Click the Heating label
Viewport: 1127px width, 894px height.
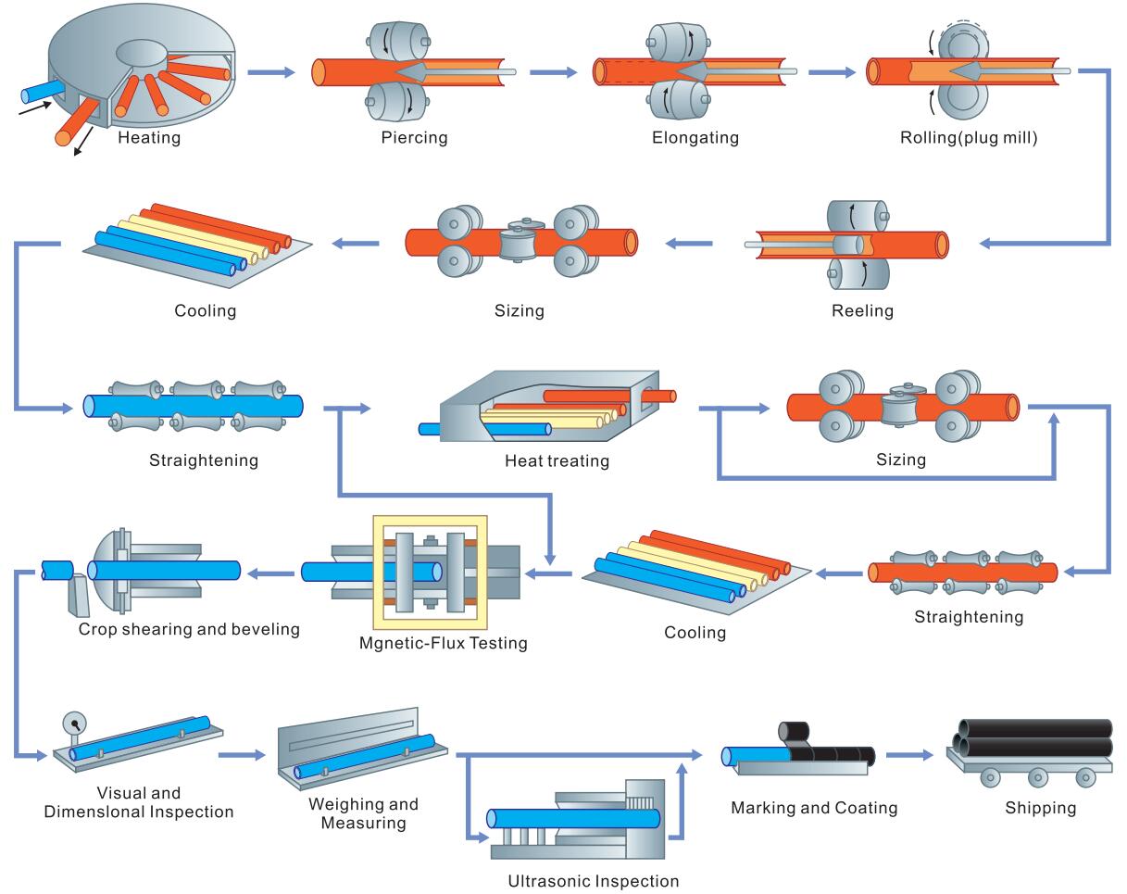click(x=149, y=139)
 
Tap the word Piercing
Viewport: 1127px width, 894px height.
click(x=414, y=138)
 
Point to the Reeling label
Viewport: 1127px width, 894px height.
click(x=862, y=310)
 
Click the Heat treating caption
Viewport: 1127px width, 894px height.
click(x=557, y=460)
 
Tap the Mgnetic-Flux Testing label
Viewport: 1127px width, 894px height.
click(x=444, y=642)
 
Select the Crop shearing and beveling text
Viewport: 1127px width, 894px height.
click(x=189, y=629)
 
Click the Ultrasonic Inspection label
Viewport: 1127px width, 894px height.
click(x=594, y=881)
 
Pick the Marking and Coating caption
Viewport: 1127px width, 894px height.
click(x=814, y=808)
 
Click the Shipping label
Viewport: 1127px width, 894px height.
click(x=1041, y=808)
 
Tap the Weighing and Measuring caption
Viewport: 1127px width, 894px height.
click(x=363, y=812)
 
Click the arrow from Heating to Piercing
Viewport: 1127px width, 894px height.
click(x=270, y=71)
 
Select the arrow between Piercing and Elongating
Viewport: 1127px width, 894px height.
click(x=553, y=71)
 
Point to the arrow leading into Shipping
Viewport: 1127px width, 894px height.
click(x=909, y=755)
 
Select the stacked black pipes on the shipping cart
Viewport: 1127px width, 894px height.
click(x=1034, y=737)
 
